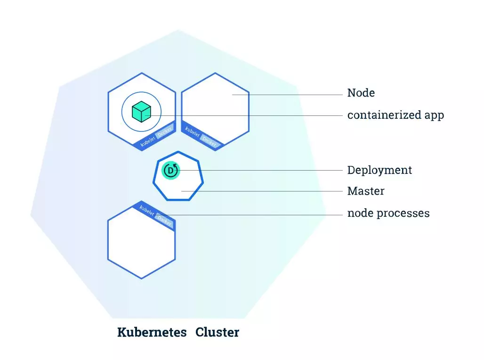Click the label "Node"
click(x=361, y=93)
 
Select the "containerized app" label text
click(x=395, y=115)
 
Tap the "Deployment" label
click(x=379, y=170)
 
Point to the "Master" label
click(x=366, y=191)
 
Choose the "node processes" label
click(x=388, y=213)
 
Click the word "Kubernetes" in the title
click(x=152, y=332)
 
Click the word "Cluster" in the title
click(x=217, y=332)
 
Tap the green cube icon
click(x=141, y=112)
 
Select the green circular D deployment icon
click(x=170, y=170)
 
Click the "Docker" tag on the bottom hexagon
click(x=164, y=220)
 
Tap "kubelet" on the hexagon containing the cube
click(x=147, y=140)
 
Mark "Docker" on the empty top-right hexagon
click(x=209, y=140)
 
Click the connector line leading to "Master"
click(x=264, y=191)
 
